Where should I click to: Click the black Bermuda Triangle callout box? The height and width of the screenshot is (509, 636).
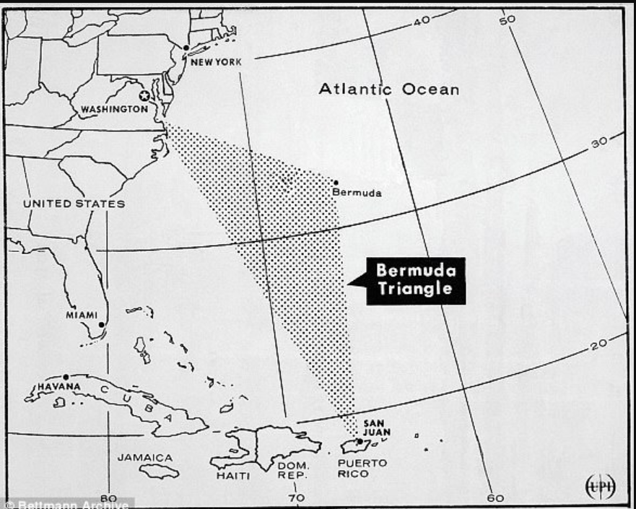click(x=415, y=280)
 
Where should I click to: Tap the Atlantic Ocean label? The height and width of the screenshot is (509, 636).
click(x=389, y=90)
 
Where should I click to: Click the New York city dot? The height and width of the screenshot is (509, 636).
click(x=186, y=48)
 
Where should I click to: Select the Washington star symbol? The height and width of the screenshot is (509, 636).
click(x=144, y=95)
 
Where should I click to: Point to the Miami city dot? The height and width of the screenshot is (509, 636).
click(x=102, y=325)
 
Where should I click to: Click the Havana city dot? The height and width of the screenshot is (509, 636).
click(x=66, y=377)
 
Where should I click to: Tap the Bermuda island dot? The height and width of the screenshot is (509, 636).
click(x=336, y=182)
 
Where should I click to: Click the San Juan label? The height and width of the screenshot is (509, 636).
click(x=377, y=427)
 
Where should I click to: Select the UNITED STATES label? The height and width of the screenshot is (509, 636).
click(x=74, y=204)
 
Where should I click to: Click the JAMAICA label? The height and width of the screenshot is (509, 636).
click(x=145, y=457)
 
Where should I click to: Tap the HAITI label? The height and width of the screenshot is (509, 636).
click(x=233, y=476)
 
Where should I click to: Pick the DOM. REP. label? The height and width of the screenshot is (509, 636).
click(x=292, y=471)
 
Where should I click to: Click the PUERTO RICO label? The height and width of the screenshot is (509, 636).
click(x=362, y=468)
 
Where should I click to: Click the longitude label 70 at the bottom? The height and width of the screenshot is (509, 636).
click(x=297, y=497)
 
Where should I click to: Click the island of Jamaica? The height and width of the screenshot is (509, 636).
click(x=160, y=471)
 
